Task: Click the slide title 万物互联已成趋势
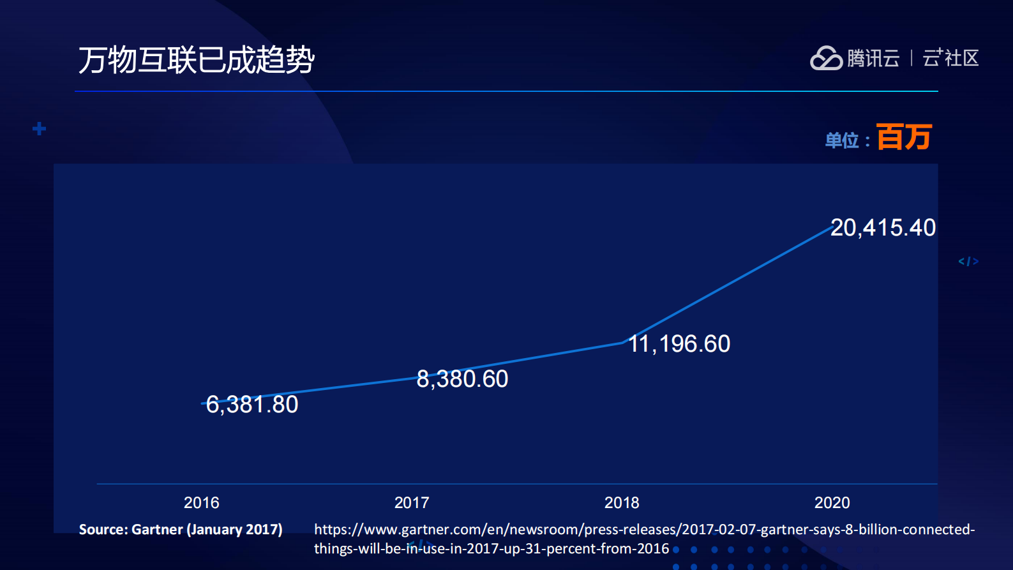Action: point(197,60)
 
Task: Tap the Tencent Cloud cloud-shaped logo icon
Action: point(826,58)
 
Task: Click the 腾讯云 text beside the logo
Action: point(873,58)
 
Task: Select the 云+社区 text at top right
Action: point(950,58)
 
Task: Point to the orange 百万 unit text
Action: point(904,137)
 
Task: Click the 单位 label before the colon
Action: point(841,140)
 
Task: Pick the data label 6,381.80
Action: point(252,405)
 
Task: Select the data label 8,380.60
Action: point(462,379)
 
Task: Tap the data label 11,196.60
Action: point(679,344)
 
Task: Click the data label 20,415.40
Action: point(883,228)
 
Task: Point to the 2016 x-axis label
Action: point(201,503)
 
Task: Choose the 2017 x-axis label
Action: point(412,503)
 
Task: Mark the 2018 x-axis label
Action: point(622,503)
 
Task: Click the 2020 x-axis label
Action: point(832,503)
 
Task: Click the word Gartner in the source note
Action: point(157,530)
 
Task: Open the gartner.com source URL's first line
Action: point(644,530)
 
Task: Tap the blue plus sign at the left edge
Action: point(40,129)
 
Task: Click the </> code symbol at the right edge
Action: point(968,261)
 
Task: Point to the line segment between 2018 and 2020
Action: point(728,285)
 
